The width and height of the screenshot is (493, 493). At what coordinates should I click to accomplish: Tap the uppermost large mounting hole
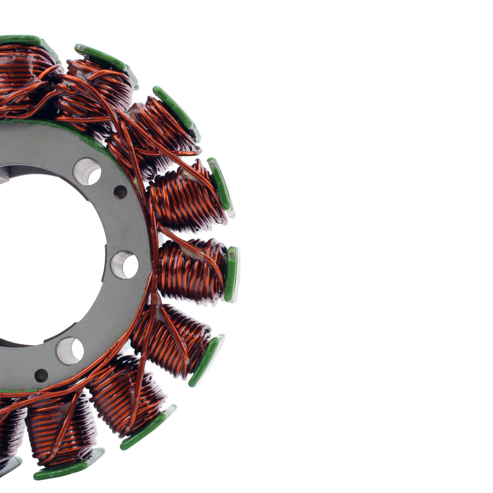coord(87,171)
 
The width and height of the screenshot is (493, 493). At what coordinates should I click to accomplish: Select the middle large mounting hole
coord(124,265)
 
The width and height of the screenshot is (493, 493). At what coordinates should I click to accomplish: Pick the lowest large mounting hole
coord(70,351)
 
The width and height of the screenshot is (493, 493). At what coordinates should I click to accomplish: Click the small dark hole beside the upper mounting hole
coord(120,192)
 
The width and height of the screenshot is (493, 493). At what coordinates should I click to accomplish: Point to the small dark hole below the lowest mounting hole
coord(41,375)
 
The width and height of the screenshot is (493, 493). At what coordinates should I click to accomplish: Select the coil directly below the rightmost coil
coord(173,339)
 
